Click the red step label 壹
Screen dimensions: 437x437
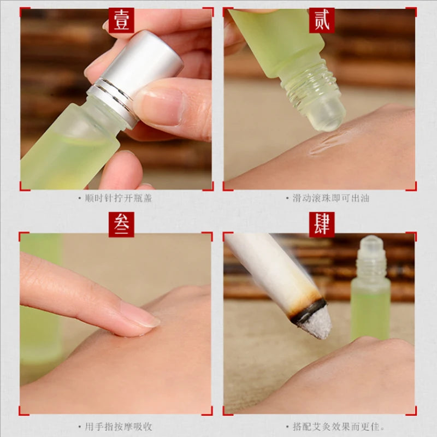click(x=121, y=20)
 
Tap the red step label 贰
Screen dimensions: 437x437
click(x=322, y=20)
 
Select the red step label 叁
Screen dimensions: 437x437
click(x=121, y=225)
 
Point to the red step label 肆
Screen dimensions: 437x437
click(x=322, y=225)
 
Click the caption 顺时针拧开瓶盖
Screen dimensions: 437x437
click(x=119, y=198)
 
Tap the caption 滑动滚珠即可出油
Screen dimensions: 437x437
click(x=331, y=198)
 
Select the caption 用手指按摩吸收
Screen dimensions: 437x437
click(x=119, y=427)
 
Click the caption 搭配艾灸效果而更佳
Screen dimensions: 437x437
click(x=336, y=427)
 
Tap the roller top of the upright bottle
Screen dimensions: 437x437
click(x=371, y=243)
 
